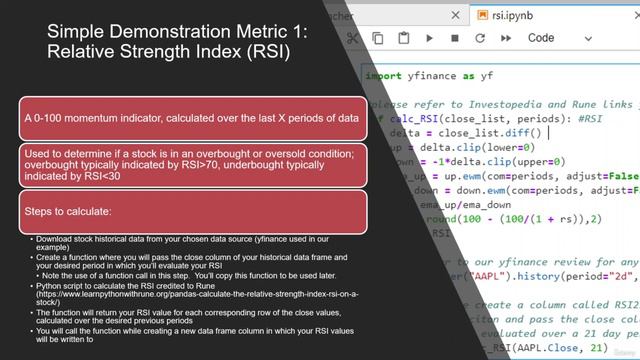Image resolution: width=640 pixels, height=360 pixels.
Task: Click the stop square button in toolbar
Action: pyautogui.click(x=454, y=39)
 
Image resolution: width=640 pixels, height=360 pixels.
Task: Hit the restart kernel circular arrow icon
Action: pyautogui.click(x=479, y=39)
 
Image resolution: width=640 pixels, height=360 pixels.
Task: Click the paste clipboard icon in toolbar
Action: pyautogui.click(x=404, y=39)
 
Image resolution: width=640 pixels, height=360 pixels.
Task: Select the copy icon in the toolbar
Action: pyautogui.click(x=379, y=39)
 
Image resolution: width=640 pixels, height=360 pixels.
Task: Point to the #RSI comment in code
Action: pyautogui.click(x=592, y=118)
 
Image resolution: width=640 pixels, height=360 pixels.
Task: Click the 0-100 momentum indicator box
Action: pyautogui.click(x=191, y=118)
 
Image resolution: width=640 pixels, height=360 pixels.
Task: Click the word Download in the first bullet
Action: pyautogui.click(x=55, y=239)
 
